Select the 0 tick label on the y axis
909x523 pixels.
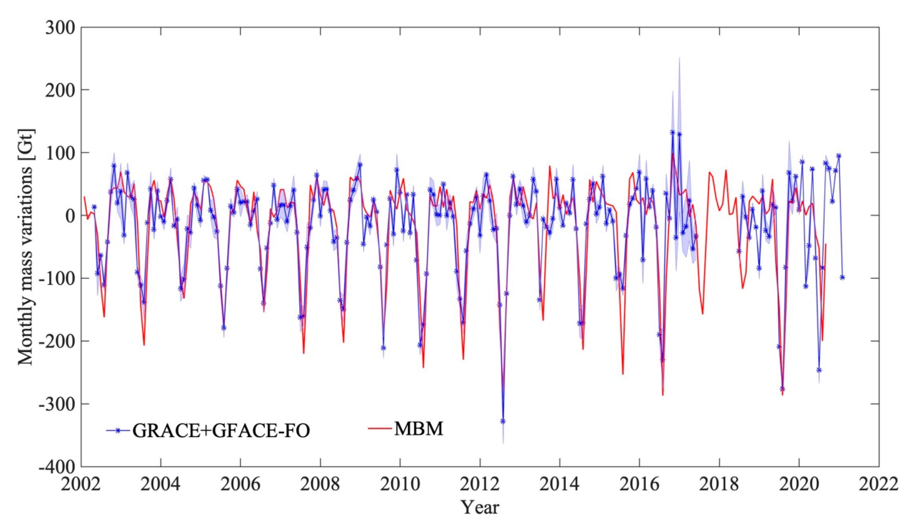tap(70, 216)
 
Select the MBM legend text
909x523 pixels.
tap(419, 428)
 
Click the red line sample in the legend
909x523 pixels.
tap(380, 428)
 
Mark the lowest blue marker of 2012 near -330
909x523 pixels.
tap(503, 421)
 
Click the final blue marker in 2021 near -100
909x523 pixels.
tap(842, 277)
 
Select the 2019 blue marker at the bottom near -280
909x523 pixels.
tap(782, 389)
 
